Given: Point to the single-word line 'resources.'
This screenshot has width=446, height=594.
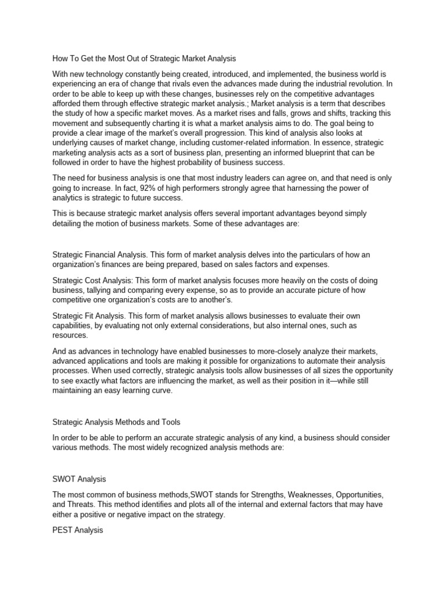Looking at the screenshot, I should [70, 335].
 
